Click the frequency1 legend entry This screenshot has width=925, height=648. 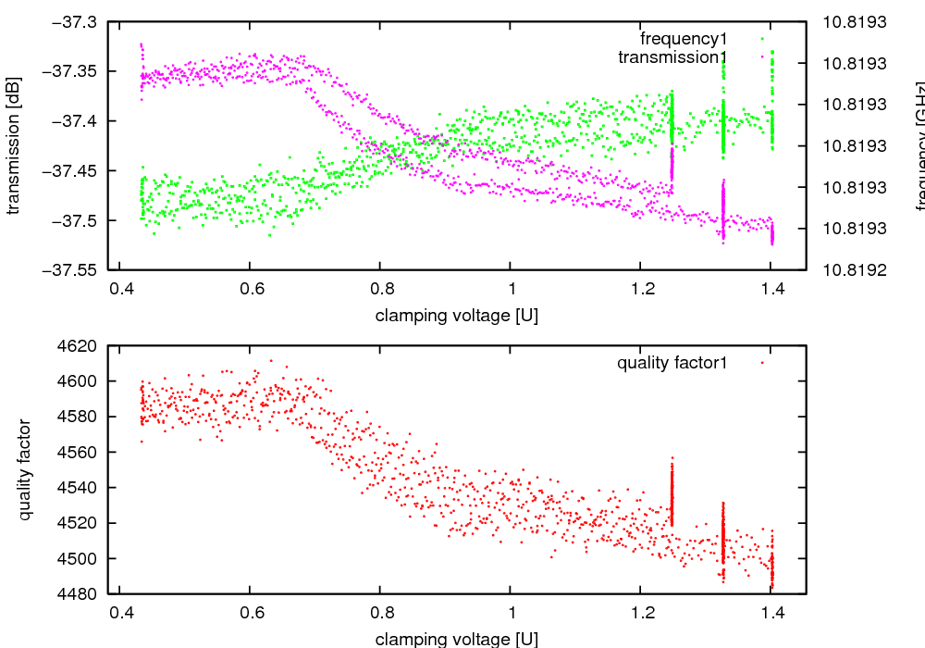point(684,39)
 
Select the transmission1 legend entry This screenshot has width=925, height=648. point(672,57)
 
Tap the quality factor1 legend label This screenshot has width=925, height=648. point(672,363)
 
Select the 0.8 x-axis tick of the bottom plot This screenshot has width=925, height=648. point(380,612)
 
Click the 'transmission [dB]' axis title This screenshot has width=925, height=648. point(14,145)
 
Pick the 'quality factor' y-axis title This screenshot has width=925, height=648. point(25,469)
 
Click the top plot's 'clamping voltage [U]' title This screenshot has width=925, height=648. point(457,315)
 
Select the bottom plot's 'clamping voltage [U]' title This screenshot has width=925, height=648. point(457,639)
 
